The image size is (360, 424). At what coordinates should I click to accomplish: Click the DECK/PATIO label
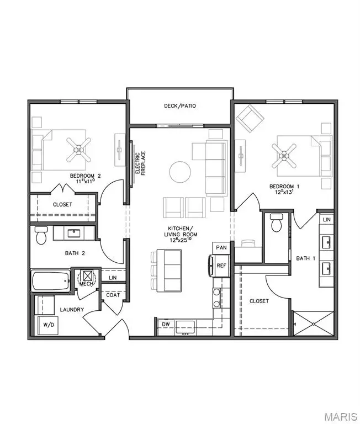(x=180, y=106)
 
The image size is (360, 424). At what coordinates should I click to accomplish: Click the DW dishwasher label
(x=165, y=324)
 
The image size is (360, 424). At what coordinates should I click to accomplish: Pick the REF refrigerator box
(x=221, y=265)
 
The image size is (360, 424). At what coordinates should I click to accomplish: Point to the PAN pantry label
(x=221, y=248)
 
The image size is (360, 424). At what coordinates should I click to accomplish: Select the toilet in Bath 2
(x=41, y=236)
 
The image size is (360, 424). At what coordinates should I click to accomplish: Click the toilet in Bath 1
(x=277, y=222)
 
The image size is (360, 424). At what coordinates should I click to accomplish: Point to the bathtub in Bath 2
(x=50, y=282)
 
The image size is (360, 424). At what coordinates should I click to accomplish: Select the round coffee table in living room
(x=181, y=172)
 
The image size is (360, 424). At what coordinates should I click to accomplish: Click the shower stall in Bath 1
(x=312, y=322)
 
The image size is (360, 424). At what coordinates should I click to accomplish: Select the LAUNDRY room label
(x=72, y=310)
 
